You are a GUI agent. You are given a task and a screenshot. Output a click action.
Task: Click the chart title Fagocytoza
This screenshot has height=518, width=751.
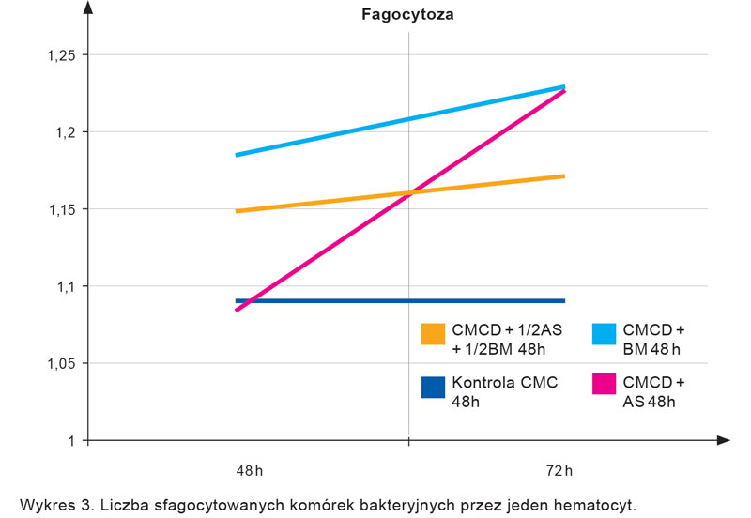click(408, 15)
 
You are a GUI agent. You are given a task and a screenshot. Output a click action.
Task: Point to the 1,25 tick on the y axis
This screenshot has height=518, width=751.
click(61, 55)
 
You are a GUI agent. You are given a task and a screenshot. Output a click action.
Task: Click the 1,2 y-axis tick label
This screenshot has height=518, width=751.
click(65, 132)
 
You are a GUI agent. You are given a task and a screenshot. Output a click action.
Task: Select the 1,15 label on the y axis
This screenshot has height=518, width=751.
click(61, 209)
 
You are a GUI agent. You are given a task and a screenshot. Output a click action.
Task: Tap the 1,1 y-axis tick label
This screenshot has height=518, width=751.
click(65, 286)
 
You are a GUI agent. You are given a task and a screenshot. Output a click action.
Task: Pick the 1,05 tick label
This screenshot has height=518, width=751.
click(61, 363)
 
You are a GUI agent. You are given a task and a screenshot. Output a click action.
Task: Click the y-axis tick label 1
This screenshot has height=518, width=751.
click(70, 440)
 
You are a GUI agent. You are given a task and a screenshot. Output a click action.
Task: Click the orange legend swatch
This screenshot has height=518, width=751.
click(433, 333)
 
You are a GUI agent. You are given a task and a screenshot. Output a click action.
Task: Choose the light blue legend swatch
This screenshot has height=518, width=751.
click(605, 333)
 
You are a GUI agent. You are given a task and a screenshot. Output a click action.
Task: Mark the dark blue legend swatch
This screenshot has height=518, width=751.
click(433, 386)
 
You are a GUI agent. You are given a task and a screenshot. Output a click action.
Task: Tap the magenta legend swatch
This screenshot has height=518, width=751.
click(605, 386)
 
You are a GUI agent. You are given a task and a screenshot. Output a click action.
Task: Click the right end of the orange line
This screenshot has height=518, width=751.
click(564, 175)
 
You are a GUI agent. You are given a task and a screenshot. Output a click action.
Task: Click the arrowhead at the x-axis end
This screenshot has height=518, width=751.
click(722, 439)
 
